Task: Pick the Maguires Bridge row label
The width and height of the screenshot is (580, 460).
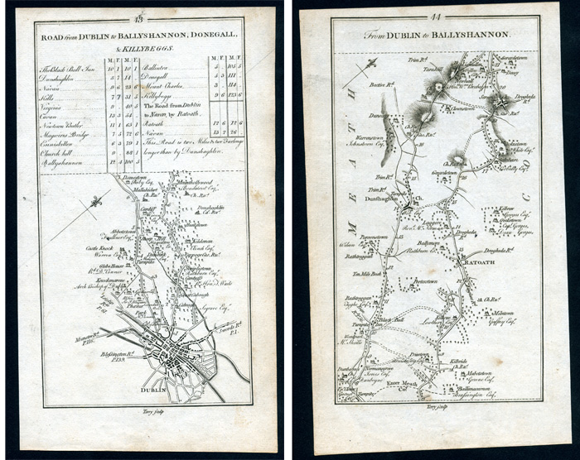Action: [x=60, y=133]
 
